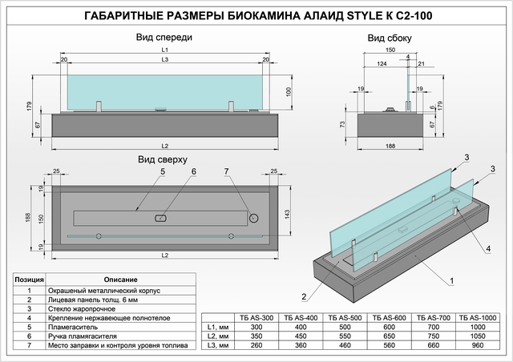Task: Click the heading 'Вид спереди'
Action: (x=164, y=38)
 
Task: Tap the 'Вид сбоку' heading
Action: (x=390, y=38)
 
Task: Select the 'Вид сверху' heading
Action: (x=163, y=159)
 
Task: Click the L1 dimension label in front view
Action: (x=165, y=50)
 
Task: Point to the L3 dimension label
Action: (x=165, y=59)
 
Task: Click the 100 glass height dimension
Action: (x=289, y=92)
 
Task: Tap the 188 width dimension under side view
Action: (x=390, y=147)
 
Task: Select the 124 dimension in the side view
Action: (x=382, y=64)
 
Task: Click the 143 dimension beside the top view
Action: (x=287, y=214)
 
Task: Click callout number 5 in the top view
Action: (x=163, y=171)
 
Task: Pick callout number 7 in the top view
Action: (x=226, y=171)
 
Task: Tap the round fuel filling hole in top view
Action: (x=253, y=218)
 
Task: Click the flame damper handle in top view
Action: (x=160, y=218)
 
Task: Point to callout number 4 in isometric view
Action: (x=488, y=249)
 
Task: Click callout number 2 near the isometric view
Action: (x=304, y=296)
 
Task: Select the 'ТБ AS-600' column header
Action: (x=389, y=318)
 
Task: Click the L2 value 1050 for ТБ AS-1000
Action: (x=478, y=336)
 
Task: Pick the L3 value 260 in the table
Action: (x=256, y=345)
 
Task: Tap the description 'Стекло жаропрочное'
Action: (x=82, y=309)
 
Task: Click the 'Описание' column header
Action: (x=121, y=280)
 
